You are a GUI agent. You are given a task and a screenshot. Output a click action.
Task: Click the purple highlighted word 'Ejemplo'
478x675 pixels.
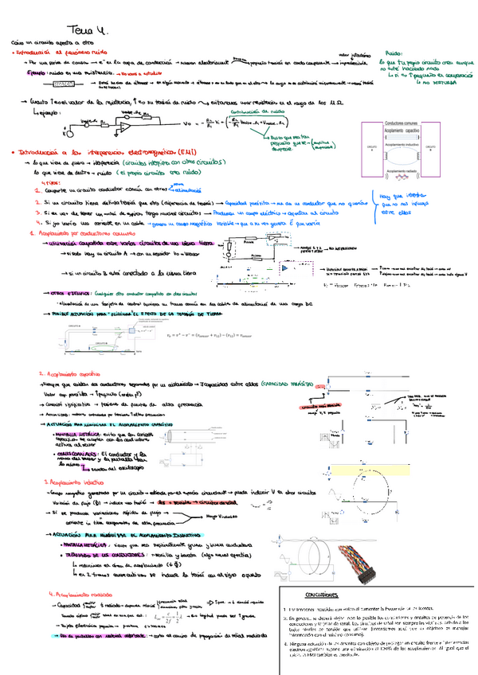(x=38, y=72)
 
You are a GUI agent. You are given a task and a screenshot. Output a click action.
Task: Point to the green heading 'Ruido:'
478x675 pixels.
(x=394, y=49)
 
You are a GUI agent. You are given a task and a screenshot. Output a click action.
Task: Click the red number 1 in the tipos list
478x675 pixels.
(x=39, y=192)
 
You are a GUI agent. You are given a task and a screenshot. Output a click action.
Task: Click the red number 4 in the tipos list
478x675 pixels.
(x=39, y=224)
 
